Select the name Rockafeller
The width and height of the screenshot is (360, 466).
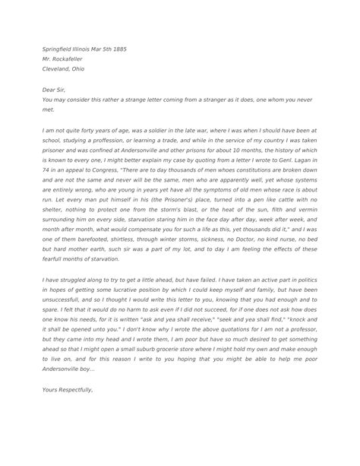pos(74,59)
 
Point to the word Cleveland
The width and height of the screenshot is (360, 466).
pos(57,68)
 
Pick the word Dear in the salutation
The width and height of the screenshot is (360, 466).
pos(49,89)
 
